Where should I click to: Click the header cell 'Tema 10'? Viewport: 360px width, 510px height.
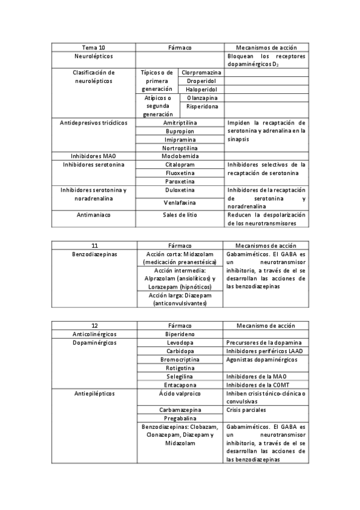click(93, 47)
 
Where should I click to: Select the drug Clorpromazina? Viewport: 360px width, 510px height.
click(201, 72)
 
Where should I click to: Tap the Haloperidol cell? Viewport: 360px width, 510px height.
click(201, 89)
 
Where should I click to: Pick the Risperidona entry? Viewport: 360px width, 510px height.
click(201, 106)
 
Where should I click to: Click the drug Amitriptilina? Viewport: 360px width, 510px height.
click(180, 122)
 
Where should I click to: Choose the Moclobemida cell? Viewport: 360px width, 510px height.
click(180, 156)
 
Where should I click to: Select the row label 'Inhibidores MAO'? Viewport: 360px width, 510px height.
click(93, 156)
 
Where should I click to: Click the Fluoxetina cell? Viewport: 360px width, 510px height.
click(180, 173)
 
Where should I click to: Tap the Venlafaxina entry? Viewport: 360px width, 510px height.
click(180, 203)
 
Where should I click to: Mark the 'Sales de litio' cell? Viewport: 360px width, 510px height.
click(180, 215)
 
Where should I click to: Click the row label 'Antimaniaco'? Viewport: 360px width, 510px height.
click(93, 215)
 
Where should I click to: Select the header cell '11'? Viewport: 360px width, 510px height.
click(93, 245)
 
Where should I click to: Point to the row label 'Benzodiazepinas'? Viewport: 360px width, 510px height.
click(93, 254)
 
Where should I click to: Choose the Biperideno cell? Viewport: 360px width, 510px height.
click(180, 333)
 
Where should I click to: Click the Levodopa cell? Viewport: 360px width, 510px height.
click(180, 342)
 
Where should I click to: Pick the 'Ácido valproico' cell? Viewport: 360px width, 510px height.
click(180, 393)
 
